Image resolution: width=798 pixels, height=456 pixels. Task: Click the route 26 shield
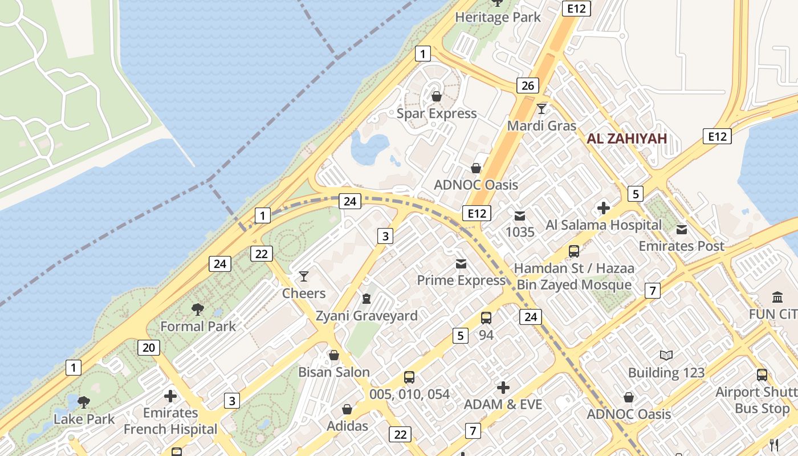point(528,85)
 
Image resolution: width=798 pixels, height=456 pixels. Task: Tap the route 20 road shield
point(148,347)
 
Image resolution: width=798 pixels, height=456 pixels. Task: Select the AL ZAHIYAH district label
point(626,139)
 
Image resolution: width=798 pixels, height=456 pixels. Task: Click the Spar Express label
point(437,113)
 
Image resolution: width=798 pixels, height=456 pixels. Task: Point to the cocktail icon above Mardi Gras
point(541,108)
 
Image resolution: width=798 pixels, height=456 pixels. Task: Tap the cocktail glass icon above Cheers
point(304,276)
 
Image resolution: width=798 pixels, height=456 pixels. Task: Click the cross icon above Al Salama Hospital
point(603,208)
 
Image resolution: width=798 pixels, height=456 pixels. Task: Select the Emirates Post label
point(681,246)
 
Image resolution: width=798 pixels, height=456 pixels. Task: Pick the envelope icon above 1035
point(520,215)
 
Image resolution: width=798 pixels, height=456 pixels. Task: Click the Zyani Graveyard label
point(367,316)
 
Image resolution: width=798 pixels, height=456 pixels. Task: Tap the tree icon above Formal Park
point(198,310)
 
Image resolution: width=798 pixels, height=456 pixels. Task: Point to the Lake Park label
point(84,419)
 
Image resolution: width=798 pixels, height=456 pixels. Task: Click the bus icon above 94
point(486,318)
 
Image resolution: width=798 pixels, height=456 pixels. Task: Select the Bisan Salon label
point(334,372)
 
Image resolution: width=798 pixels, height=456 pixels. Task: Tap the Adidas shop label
point(347,426)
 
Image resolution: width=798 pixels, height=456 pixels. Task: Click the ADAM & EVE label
point(503,404)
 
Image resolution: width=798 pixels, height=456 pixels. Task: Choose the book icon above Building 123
point(666,356)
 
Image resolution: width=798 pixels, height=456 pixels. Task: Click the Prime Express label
point(461,280)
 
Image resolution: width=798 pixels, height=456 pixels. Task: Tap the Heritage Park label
point(498,18)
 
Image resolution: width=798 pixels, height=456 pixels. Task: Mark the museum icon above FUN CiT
point(777,297)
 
